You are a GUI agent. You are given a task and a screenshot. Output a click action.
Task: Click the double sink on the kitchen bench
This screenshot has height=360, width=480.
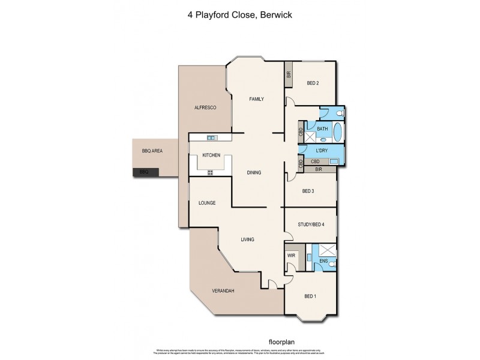click(211, 137)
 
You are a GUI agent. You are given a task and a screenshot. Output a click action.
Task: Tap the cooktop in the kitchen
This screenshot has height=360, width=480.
click(211, 173)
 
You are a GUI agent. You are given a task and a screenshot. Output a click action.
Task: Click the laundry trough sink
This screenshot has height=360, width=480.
click(334, 161)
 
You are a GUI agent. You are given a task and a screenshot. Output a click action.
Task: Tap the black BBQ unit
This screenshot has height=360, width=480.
click(145, 172)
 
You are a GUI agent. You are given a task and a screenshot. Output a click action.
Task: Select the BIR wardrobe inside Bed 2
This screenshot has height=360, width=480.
click(289, 75)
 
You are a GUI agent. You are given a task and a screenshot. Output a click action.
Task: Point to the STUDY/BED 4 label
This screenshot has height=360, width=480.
click(311, 225)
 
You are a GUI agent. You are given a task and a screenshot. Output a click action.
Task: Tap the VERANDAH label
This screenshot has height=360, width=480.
click(223, 292)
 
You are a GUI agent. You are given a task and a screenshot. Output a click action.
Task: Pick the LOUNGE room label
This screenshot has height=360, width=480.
click(207, 203)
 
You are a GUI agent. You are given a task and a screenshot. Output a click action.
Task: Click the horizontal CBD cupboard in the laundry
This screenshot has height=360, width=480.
click(316, 161)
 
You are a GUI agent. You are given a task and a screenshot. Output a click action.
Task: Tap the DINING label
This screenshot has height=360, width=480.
click(254, 173)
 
